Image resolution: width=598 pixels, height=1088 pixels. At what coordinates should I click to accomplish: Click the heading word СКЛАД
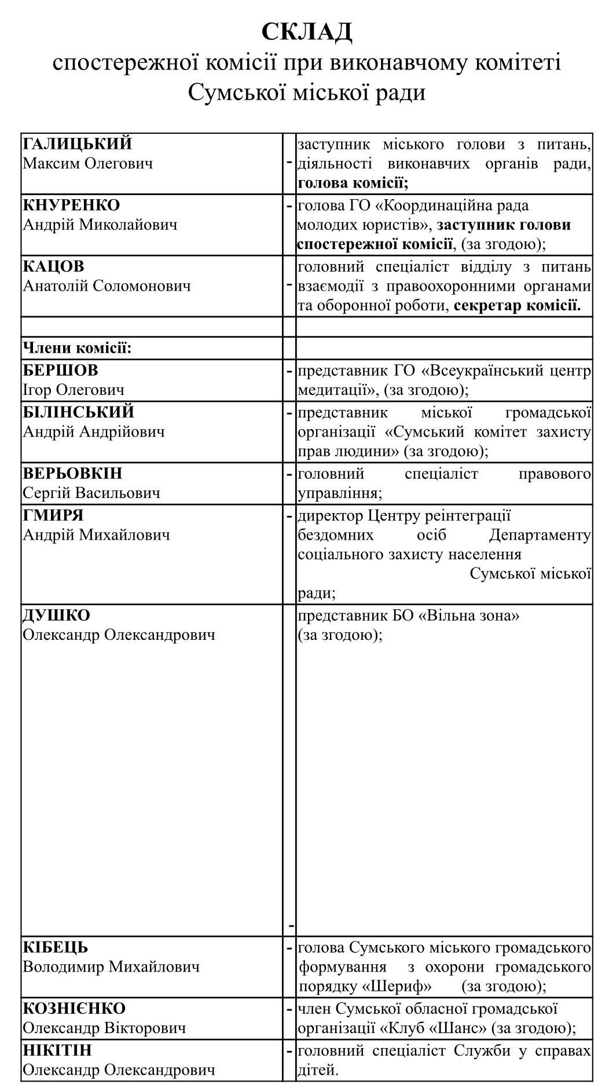click(x=306, y=31)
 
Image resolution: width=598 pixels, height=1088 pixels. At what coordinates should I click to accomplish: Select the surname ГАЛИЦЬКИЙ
click(x=78, y=144)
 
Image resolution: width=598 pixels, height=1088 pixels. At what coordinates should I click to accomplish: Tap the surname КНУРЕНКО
click(x=71, y=205)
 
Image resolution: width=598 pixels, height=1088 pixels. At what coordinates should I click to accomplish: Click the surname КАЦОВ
click(x=53, y=266)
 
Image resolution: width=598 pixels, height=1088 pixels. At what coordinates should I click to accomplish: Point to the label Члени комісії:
click(x=78, y=348)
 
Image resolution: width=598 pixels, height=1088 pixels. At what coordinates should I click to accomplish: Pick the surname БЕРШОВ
click(x=60, y=370)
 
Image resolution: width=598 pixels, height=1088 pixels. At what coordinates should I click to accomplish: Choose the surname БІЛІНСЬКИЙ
click(x=78, y=412)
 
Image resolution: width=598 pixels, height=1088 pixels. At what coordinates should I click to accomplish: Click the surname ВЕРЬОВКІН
click(x=72, y=473)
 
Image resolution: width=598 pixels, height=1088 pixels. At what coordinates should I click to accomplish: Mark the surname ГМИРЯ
click(x=53, y=515)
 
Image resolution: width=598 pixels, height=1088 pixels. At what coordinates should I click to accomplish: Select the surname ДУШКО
click(x=56, y=615)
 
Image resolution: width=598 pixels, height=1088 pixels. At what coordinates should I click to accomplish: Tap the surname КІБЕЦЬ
click(x=56, y=947)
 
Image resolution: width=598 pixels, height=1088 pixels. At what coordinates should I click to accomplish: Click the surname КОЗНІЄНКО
click(x=74, y=1009)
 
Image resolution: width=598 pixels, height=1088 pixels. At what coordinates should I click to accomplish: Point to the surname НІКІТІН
click(x=57, y=1050)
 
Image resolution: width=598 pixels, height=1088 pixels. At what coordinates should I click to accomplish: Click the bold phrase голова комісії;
click(x=353, y=184)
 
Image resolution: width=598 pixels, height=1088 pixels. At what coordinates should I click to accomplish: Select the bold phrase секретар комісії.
click(x=517, y=306)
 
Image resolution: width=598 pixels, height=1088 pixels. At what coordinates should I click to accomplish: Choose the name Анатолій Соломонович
click(x=107, y=286)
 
